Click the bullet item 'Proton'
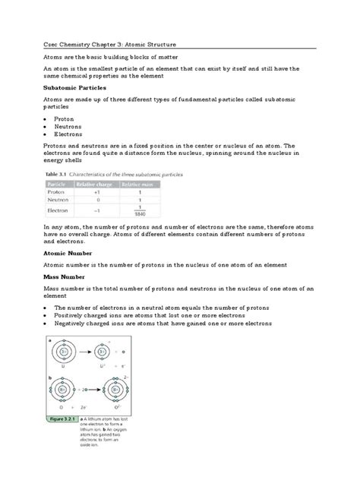tap(70, 119)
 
